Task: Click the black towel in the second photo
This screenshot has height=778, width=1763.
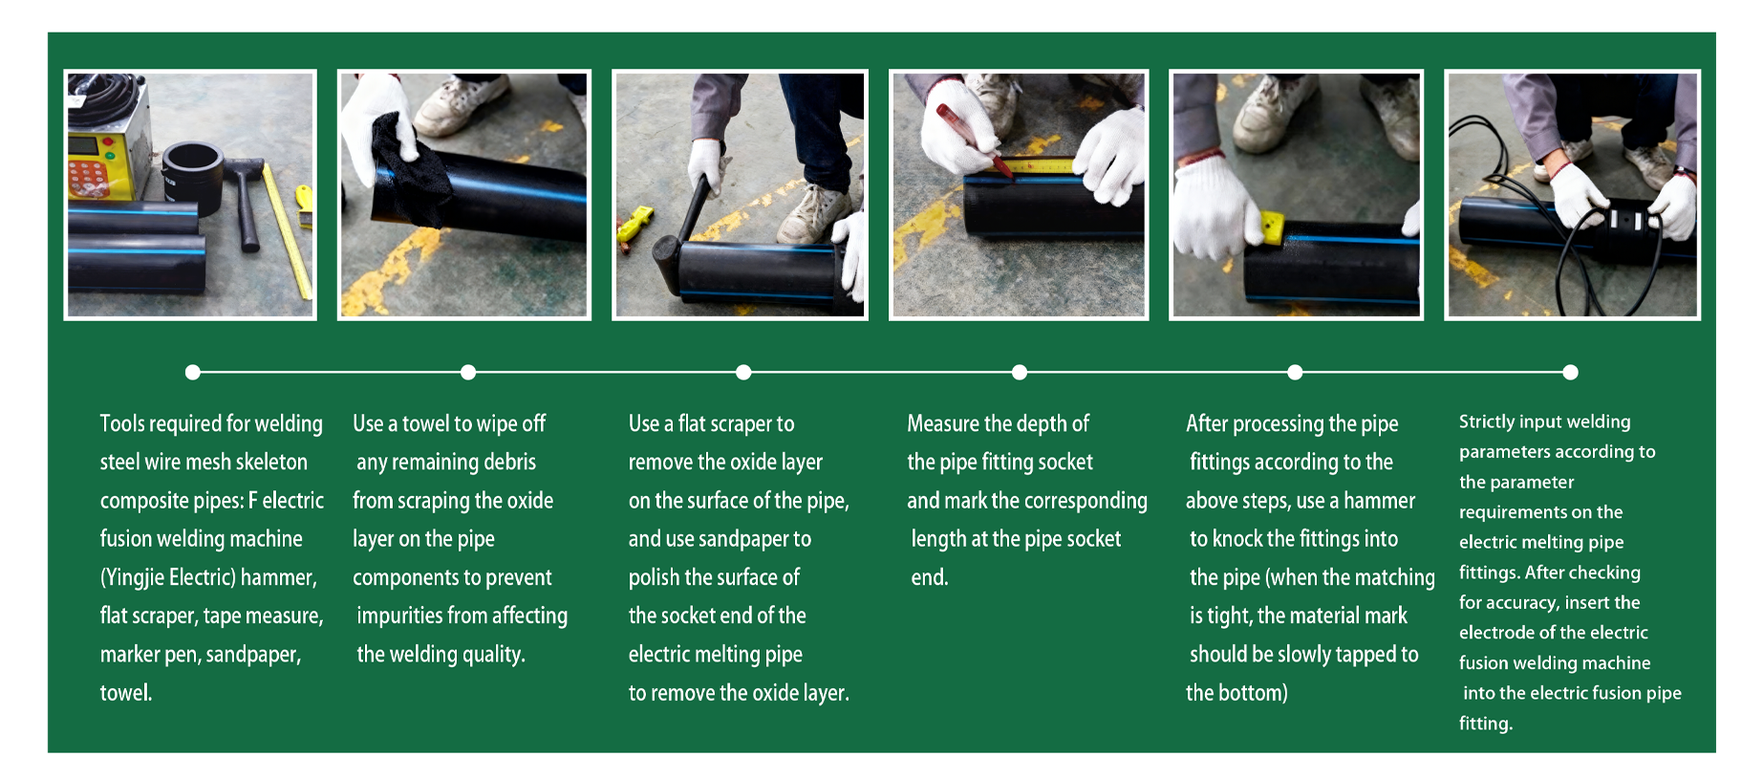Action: point(409,172)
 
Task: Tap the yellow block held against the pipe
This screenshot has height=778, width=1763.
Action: point(1270,226)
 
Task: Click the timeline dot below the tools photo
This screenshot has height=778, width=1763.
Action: point(193,372)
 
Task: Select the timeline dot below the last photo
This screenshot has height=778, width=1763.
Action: point(1570,372)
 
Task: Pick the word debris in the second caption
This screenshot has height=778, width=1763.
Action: point(509,463)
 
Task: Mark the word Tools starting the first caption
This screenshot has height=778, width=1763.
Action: point(122,423)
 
